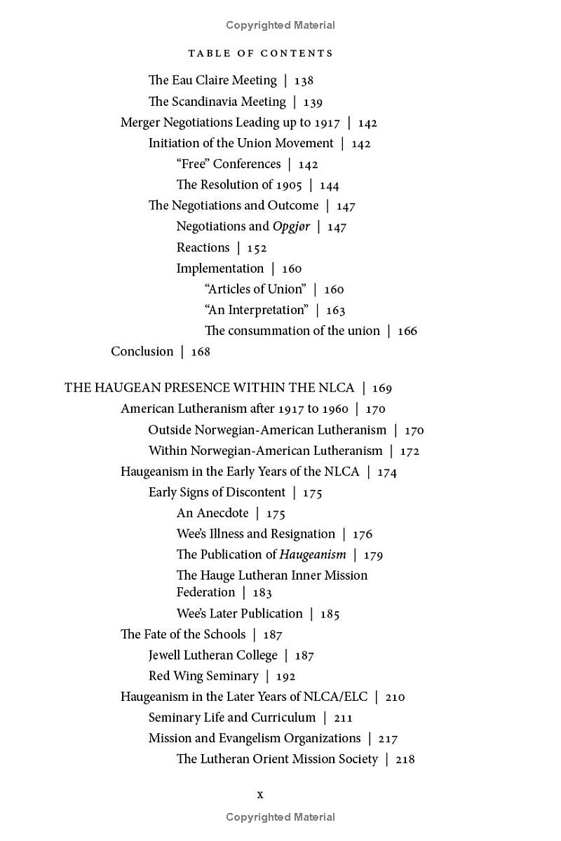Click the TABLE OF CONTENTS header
(261, 53)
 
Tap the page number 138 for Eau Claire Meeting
(304, 81)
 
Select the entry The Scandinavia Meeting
(217, 102)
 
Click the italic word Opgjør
(291, 226)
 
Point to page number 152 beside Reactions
(257, 247)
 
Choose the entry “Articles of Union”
(255, 289)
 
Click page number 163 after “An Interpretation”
(335, 310)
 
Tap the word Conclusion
(142, 351)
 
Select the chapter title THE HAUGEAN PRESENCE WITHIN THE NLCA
(209, 388)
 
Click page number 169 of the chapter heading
(382, 388)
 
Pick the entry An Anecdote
(212, 513)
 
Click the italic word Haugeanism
(313, 554)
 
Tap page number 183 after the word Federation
(262, 593)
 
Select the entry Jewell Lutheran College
(213, 655)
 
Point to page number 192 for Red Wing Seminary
(285, 676)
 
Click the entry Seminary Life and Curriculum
(232, 718)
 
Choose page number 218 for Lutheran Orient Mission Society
(405, 759)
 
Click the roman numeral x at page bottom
(260, 794)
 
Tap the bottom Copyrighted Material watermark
(280, 817)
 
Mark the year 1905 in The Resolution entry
(289, 185)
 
